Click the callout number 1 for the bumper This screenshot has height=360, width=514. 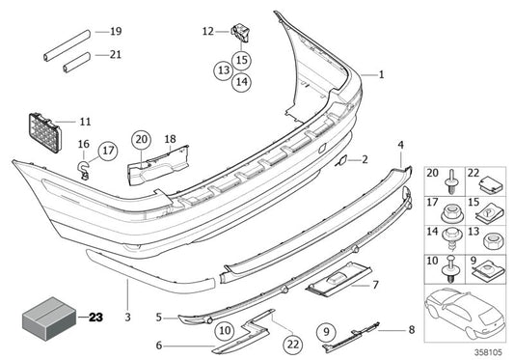(381, 74)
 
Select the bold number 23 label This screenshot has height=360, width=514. (95, 316)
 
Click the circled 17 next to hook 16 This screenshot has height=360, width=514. (107, 150)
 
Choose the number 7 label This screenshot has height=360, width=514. (376, 284)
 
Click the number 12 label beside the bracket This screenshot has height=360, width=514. (207, 32)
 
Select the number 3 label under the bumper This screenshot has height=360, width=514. (126, 288)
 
